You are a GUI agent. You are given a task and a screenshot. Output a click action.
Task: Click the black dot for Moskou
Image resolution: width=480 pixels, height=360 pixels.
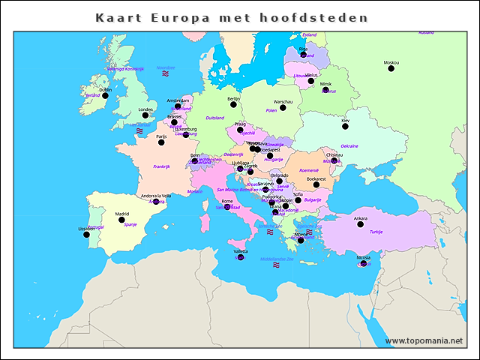coord(391,69)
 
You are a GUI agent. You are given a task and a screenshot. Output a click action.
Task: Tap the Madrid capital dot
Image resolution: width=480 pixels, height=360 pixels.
coord(121,220)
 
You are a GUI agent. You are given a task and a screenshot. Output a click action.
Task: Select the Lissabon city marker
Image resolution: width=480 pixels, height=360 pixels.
coord(86,235)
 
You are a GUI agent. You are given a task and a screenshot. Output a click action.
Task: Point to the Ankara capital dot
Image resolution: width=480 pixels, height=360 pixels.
coord(360,224)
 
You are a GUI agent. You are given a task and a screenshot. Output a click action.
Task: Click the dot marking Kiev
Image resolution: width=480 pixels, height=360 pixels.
coord(345,127)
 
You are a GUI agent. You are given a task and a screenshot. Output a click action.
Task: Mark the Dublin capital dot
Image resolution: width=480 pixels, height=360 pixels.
coord(104,95)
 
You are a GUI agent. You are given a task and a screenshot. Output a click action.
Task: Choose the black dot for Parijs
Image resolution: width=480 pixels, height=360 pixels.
coord(161,142)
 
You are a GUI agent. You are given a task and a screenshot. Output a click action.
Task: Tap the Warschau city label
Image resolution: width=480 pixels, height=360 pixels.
coord(283,101)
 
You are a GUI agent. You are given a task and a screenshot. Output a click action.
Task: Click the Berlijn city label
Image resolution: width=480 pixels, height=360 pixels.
coord(233,98)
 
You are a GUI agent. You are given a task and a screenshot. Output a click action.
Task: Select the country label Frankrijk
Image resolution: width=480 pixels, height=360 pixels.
coord(163,166)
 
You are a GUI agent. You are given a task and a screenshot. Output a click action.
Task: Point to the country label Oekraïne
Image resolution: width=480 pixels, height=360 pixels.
coord(349,146)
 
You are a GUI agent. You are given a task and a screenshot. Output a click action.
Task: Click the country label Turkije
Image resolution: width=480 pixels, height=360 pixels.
coord(376,232)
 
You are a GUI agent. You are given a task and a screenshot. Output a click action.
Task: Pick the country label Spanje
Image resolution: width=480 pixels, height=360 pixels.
coord(130,224)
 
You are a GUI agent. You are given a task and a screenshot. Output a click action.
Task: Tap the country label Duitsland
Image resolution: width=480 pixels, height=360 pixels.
coord(215,118)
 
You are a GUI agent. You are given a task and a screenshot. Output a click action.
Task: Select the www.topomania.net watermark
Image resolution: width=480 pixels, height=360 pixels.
coord(424,340)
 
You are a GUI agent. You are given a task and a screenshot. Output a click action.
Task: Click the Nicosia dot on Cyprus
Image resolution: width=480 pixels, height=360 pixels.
coord(364,264)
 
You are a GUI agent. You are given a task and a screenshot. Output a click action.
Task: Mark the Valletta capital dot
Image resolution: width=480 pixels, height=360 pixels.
coord(240,257)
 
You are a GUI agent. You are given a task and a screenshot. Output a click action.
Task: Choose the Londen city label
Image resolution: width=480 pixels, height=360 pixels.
coord(145,109)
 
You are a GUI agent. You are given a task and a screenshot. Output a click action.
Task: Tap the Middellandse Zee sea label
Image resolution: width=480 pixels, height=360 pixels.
coord(276,259)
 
